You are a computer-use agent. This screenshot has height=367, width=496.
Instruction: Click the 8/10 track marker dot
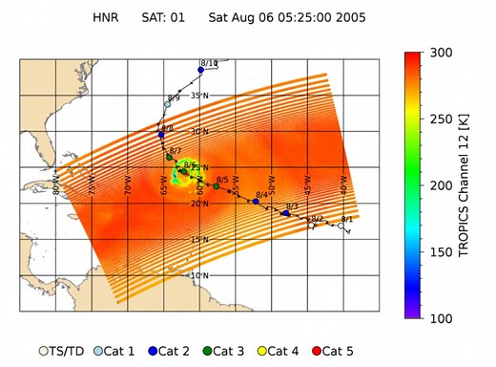tap(201, 70)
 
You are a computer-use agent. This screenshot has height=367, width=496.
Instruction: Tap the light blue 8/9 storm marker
tap(168, 104)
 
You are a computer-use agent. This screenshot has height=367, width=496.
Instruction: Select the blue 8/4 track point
tap(256, 201)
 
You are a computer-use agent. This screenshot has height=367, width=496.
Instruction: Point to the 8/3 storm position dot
tap(286, 213)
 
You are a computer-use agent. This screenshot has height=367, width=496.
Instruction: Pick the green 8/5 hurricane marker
tap(217, 186)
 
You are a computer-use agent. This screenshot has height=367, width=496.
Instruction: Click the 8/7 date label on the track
tap(175, 151)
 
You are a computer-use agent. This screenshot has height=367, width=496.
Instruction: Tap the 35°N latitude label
tap(198, 96)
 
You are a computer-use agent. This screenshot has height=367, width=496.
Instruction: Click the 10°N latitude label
tap(198, 275)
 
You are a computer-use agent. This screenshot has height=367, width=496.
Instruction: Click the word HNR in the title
tap(107, 17)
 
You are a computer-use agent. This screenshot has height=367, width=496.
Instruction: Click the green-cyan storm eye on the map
tap(181, 171)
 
